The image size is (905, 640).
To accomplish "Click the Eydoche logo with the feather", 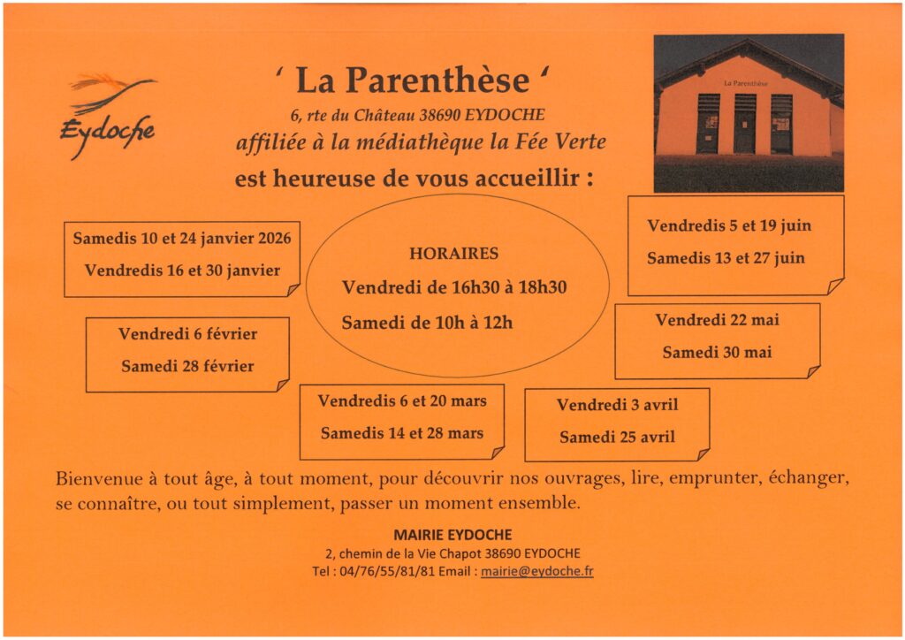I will [x=109, y=113].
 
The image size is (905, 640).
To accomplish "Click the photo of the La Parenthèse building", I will [x=749, y=112].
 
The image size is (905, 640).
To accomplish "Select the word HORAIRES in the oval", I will [x=453, y=254].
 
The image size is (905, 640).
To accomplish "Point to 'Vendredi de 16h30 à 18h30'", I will [x=454, y=287].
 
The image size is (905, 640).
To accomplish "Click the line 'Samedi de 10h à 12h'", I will [x=427, y=323].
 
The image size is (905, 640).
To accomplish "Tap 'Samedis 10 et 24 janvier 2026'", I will [x=182, y=239].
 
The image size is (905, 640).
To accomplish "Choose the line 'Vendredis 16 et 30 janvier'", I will [x=182, y=270].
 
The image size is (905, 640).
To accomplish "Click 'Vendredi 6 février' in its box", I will [x=187, y=334].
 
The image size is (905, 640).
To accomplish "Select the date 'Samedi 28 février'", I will [x=187, y=366].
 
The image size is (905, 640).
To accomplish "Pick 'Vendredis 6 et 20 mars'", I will [x=402, y=401].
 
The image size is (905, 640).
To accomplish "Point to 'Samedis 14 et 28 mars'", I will [x=402, y=433].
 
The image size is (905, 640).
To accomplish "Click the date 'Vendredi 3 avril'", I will [x=617, y=405].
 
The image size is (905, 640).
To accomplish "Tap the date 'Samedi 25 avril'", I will [x=617, y=437].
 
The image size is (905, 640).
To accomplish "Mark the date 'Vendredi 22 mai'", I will [x=717, y=320].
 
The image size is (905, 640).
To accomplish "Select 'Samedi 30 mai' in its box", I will [x=717, y=352].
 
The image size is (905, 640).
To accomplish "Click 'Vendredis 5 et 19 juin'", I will [x=729, y=225].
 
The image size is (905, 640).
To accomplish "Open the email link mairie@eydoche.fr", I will [x=536, y=571].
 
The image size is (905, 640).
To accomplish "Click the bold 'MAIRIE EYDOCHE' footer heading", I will [x=452, y=535].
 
